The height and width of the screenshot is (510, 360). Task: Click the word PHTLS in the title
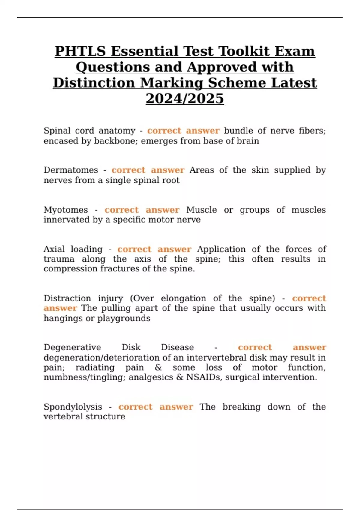(x=80, y=51)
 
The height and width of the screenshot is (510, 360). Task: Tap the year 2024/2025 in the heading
(x=185, y=98)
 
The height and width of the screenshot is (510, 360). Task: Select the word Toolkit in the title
(x=244, y=51)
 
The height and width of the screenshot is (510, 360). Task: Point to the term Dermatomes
(x=71, y=170)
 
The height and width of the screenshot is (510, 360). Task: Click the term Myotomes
(x=66, y=210)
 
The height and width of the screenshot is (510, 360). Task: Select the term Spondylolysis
(x=73, y=406)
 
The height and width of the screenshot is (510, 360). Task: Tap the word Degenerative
(x=72, y=347)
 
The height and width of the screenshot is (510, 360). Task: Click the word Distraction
(x=67, y=298)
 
